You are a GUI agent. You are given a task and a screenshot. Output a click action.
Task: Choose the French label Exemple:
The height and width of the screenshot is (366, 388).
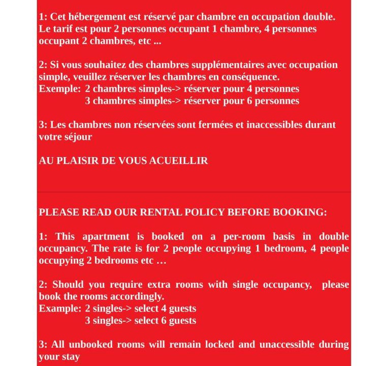pos(59,89)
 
